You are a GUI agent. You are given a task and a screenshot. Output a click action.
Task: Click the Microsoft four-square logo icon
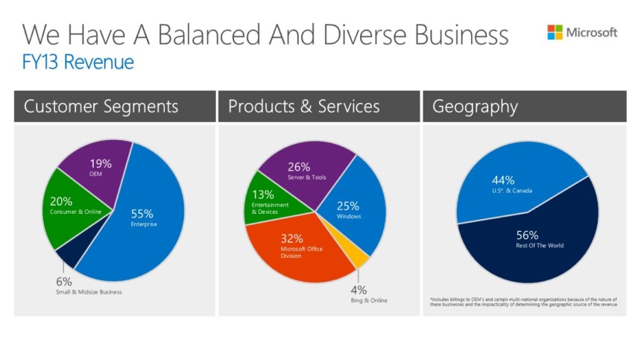pos(555,32)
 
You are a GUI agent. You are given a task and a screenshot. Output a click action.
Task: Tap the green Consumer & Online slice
pos(71,212)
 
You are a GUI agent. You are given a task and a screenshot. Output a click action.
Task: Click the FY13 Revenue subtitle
pos(78,63)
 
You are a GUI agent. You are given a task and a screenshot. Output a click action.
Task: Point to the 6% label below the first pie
pos(63,282)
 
